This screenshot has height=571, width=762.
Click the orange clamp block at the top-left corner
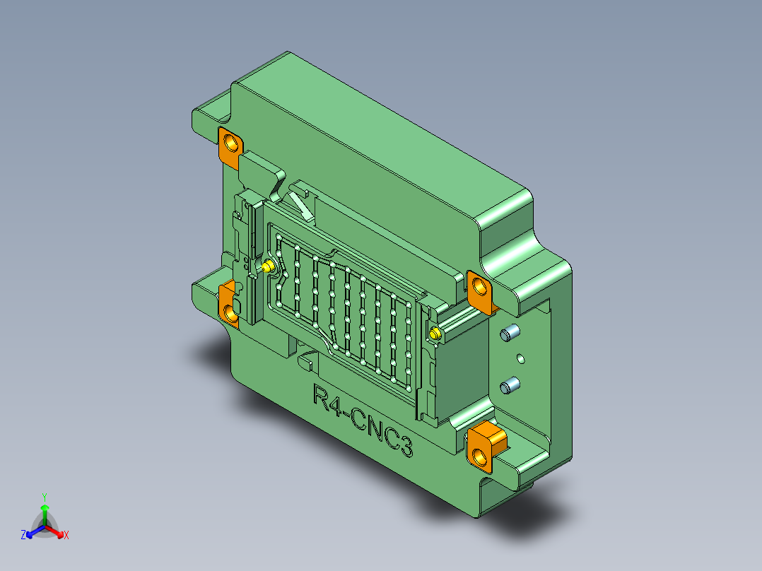coord(230,148)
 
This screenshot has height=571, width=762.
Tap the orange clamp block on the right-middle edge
coord(482,290)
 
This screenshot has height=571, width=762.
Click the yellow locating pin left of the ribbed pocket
coord(268,266)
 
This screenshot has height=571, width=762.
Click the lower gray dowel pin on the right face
coord(510,386)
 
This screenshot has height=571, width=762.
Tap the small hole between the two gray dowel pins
coord(520,359)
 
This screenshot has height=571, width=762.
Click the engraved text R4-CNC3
coord(362,420)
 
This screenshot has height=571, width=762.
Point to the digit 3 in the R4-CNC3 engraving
coord(404,445)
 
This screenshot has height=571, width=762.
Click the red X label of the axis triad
coord(66,536)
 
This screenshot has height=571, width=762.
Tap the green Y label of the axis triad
coord(44,497)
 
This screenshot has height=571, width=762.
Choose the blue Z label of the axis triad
coord(23,536)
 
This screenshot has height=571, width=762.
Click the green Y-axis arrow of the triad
coord(44,514)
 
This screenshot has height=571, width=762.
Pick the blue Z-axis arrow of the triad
coord(33,531)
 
